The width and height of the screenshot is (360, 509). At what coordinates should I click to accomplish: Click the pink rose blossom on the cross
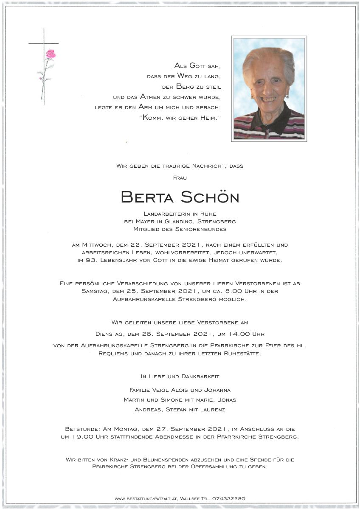coord(51,54)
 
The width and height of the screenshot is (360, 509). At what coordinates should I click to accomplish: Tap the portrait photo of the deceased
coord(269,88)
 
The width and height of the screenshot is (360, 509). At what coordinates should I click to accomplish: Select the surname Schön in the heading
coord(210,197)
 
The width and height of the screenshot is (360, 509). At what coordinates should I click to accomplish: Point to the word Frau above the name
coord(180,177)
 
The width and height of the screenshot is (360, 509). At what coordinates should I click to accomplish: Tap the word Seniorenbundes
coord(204,229)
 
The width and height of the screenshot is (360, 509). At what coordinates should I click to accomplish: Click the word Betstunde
coord(82,429)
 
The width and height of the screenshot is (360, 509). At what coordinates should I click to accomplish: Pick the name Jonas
coord(226,399)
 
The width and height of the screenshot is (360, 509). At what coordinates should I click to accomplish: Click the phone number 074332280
coord(229,498)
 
